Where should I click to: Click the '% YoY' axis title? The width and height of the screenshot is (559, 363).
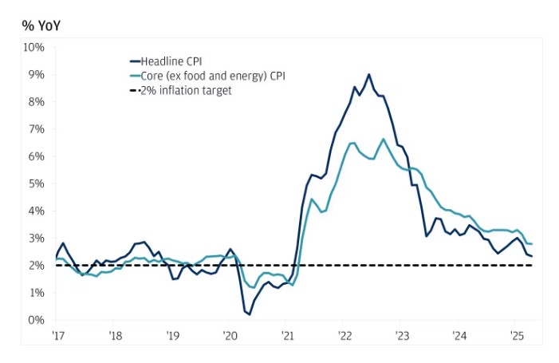pyautogui.click(x=41, y=26)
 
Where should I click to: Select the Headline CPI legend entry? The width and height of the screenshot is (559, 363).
pyautogui.click(x=172, y=61)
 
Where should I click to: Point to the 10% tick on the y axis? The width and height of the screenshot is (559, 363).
pyautogui.click(x=33, y=47)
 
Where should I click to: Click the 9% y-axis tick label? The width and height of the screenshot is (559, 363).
pyautogui.click(x=36, y=74)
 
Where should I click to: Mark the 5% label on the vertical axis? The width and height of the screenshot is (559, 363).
pyautogui.click(x=36, y=183)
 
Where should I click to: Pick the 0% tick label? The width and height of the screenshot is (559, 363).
pyautogui.click(x=36, y=320)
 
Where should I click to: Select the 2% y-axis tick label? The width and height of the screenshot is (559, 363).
pyautogui.click(x=36, y=266)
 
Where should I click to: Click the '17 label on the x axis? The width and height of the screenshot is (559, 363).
pyautogui.click(x=58, y=335)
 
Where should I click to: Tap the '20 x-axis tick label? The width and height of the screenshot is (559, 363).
pyautogui.click(x=229, y=335)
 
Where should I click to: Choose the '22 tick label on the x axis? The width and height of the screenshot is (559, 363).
pyautogui.click(x=344, y=335)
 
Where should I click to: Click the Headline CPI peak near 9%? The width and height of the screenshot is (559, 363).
pyautogui.click(x=368, y=74)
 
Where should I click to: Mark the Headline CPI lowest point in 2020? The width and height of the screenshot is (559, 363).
pyautogui.click(x=250, y=314)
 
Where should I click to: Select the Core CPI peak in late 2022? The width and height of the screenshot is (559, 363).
pyautogui.click(x=384, y=139)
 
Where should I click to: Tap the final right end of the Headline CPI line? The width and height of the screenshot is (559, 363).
pyautogui.click(x=533, y=256)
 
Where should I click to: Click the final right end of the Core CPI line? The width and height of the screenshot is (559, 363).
pyautogui.click(x=533, y=243)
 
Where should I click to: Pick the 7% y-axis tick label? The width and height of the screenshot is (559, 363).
pyautogui.click(x=36, y=128)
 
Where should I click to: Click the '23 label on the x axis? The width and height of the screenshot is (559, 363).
pyautogui.click(x=401, y=335)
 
